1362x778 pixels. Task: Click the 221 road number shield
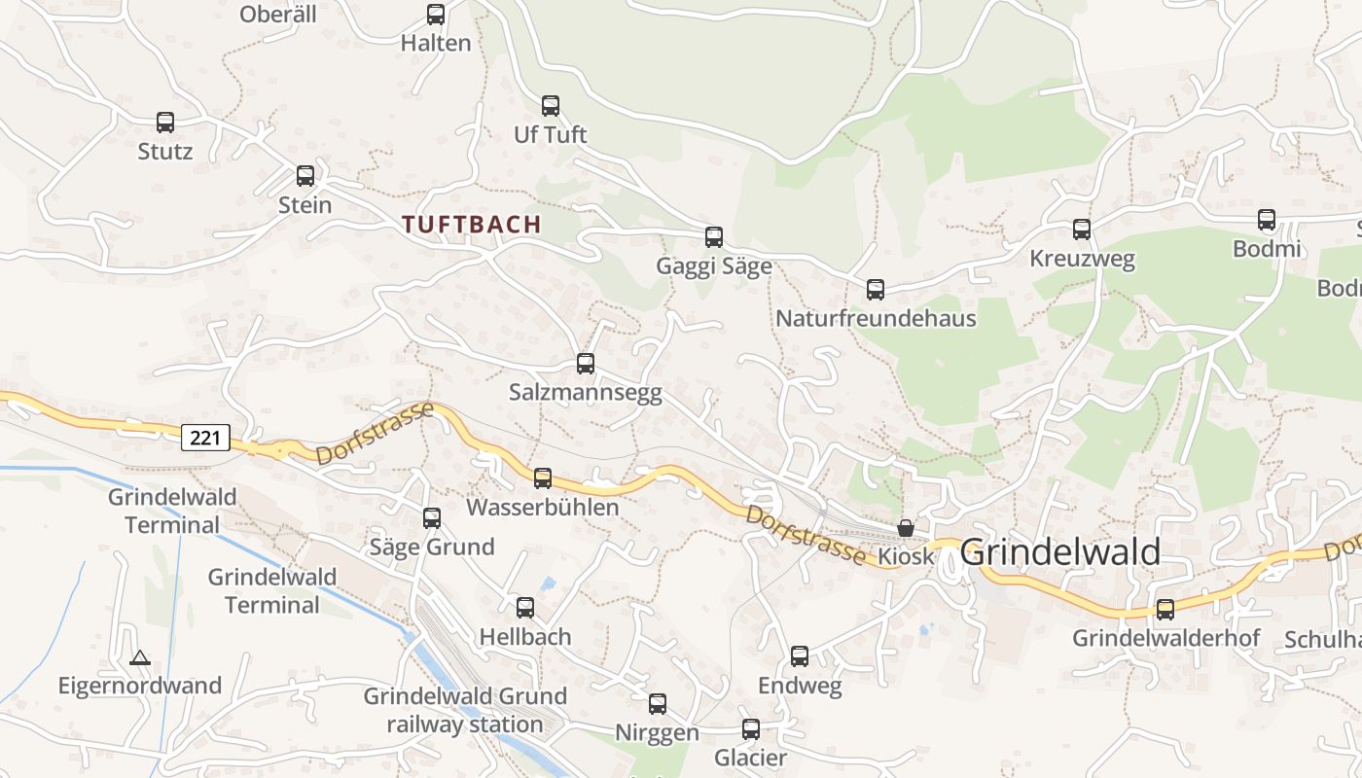coord(205,438)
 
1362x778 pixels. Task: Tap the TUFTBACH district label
coord(472,225)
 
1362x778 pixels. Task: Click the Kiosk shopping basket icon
coord(906,528)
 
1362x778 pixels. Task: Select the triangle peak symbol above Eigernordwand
coord(140,658)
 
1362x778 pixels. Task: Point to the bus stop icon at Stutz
coord(165,123)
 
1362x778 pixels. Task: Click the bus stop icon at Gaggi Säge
coord(714,237)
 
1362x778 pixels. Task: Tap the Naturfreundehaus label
coord(876,319)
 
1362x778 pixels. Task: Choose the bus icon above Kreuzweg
coord(1082,230)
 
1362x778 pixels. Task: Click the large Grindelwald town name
coord(1060,552)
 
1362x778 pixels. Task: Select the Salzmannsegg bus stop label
coord(585,393)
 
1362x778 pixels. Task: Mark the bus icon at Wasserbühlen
coord(543,478)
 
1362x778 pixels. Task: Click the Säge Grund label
coord(432,547)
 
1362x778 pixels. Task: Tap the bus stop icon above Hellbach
coord(525,608)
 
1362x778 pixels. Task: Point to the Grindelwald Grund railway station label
coord(465,711)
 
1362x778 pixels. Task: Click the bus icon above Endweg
coord(800,656)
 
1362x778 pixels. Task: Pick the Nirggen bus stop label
coord(657,733)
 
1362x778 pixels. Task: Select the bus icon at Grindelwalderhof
coord(1165,610)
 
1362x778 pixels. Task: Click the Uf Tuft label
coord(551,135)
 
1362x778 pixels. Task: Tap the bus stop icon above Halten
coord(436,15)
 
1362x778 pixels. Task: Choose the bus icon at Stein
coord(305,176)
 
